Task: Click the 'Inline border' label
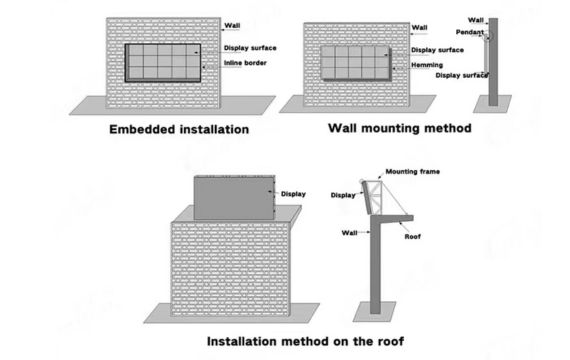point(245,63)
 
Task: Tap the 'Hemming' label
point(427,65)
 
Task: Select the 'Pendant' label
point(470,32)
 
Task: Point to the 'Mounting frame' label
point(413,171)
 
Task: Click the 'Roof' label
point(413,236)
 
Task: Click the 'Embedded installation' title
point(179,129)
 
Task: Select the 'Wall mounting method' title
point(400,128)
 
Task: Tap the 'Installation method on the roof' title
point(305,341)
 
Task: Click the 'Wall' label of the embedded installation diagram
point(232,25)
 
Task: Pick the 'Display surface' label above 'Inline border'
point(250,48)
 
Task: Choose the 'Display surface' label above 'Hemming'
point(437,50)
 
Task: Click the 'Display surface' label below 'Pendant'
point(462,75)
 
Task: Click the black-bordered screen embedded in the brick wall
point(163,63)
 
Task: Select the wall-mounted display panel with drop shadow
point(356,63)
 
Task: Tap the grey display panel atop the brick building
point(234,198)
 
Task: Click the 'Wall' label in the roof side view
point(349,233)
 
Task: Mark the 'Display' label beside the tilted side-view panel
point(343,195)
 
